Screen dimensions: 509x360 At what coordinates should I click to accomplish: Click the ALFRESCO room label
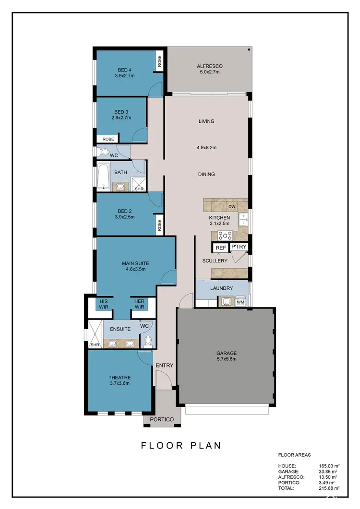(209, 66)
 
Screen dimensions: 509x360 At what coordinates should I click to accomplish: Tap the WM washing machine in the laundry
(240, 302)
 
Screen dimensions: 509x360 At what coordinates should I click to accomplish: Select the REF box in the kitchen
(220, 248)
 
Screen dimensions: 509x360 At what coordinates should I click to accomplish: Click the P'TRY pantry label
(239, 247)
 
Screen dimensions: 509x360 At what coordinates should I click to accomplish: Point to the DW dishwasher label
(231, 207)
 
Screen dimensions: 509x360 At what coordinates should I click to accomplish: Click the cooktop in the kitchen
(226, 235)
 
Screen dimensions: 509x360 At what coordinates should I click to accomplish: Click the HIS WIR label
(104, 304)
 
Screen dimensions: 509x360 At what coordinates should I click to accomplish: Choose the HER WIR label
(139, 304)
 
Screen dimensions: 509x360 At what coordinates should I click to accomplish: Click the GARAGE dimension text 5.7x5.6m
(226, 359)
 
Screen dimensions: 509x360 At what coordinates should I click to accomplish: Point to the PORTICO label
(162, 419)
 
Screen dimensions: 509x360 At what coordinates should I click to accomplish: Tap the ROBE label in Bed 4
(159, 62)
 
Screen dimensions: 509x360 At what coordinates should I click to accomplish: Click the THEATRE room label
(120, 377)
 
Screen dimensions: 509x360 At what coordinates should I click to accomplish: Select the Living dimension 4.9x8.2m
(207, 148)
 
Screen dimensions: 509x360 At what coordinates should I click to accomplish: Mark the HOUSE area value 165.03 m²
(329, 466)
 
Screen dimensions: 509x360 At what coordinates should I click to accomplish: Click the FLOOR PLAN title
(181, 445)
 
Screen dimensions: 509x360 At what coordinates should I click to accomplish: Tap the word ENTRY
(164, 366)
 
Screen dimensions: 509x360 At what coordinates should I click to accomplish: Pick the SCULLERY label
(215, 260)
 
